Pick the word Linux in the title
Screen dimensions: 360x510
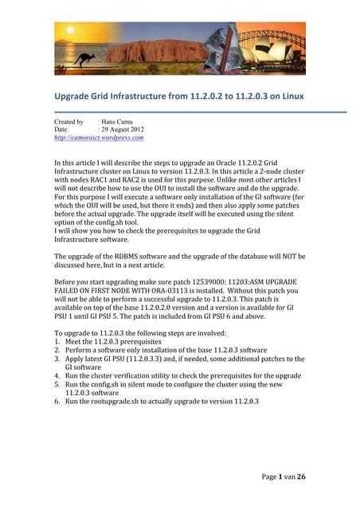292,98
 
